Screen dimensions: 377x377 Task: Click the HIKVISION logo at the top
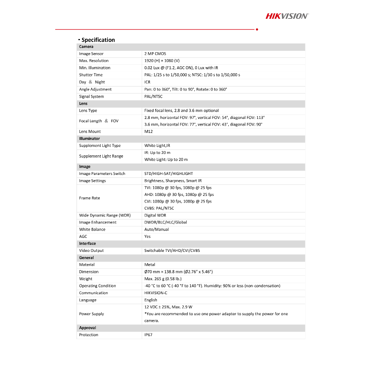click(x=287, y=16)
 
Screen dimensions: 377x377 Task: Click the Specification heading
click(x=98, y=40)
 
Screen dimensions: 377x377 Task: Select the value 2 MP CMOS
click(x=155, y=54)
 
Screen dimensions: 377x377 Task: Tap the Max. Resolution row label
click(x=94, y=61)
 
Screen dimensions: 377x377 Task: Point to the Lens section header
click(x=83, y=103)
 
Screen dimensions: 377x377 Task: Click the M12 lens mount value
click(x=148, y=131)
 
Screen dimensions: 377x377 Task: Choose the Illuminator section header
click(x=89, y=138)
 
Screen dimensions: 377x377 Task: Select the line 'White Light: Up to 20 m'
click(x=166, y=159)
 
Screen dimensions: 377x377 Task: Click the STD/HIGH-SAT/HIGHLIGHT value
click(x=168, y=173)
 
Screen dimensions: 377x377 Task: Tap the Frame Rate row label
click(x=89, y=198)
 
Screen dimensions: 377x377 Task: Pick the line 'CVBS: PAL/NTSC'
click(x=159, y=208)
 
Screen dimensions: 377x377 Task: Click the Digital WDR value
click(x=155, y=215)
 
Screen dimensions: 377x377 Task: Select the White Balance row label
click(x=92, y=229)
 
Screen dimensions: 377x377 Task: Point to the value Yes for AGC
click(x=147, y=236)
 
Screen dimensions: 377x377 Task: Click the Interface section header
click(x=87, y=243)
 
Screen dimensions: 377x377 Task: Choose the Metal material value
click(x=149, y=265)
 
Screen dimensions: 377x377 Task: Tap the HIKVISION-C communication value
click(x=156, y=293)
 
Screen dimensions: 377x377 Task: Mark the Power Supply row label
click(x=91, y=314)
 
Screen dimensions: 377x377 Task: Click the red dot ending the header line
click(x=257, y=29)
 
